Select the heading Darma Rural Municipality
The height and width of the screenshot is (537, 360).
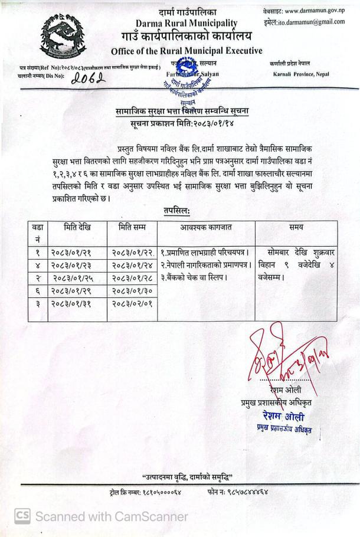pyautogui.click(x=186, y=22)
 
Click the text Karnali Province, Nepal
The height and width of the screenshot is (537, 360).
pyautogui.click(x=301, y=74)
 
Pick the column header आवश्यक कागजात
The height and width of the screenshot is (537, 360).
pyautogui.click(x=206, y=227)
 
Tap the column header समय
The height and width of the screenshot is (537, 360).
pyautogui.click(x=296, y=227)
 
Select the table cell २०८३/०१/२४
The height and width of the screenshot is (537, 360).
pyautogui.click(x=133, y=265)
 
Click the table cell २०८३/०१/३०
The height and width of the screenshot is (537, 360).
pyautogui.click(x=133, y=291)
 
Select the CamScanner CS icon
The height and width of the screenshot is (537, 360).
pyautogui.click(x=22, y=516)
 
